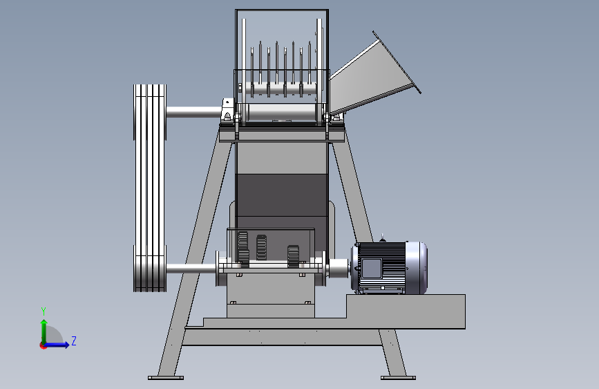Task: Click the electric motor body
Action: [389, 268]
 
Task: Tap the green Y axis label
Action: [44, 311]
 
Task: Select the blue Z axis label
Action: [74, 341]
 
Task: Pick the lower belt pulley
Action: [150, 269]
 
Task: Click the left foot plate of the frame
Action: [166, 378]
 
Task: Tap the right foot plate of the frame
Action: [398, 378]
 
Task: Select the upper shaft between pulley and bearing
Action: [193, 112]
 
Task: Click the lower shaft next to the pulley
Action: [191, 269]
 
